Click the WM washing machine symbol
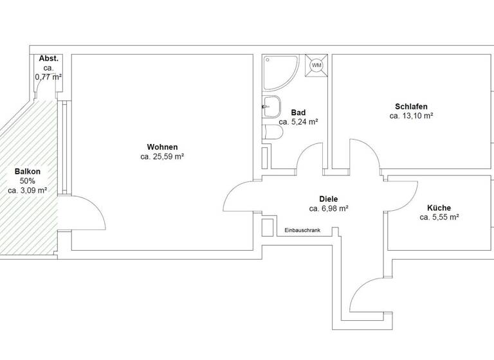[x=316, y=65]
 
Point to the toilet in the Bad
[x=273, y=132]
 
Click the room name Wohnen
[x=162, y=147]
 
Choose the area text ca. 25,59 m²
[x=162, y=156]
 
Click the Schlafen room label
[x=411, y=107]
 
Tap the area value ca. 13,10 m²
[x=411, y=116]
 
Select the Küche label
[x=439, y=208]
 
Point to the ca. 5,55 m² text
[x=439, y=217]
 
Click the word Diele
[x=328, y=199]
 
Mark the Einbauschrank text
[x=302, y=230]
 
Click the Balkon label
[x=28, y=172]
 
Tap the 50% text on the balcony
[x=28, y=181]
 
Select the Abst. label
[x=48, y=59]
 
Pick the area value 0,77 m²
[x=48, y=77]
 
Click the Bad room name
[x=298, y=112]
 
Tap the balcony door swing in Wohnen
[x=85, y=212]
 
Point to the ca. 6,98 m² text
[x=328, y=208]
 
